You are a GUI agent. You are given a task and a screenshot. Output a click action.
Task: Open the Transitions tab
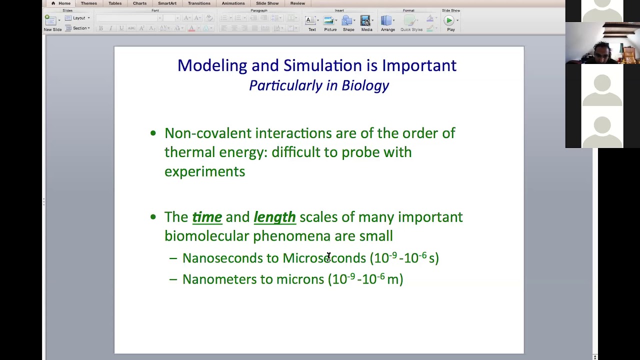tap(199, 3)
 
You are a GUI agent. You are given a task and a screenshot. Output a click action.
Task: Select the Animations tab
tap(233, 3)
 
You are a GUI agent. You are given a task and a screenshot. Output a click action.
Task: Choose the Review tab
tap(297, 3)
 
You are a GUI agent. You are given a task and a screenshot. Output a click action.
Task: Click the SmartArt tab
tap(167, 3)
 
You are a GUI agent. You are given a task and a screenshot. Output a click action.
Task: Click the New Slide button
tap(52, 23)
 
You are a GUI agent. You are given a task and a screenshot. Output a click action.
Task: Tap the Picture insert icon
tap(329, 23)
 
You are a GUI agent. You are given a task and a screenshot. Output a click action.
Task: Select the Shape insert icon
tap(348, 23)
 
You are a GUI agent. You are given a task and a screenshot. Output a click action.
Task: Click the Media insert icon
tap(366, 23)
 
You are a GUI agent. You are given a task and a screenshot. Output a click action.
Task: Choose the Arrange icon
tap(387, 23)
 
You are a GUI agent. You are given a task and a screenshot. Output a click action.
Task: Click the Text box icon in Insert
tap(311, 23)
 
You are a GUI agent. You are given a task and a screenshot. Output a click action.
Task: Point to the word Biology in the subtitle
tap(365, 85)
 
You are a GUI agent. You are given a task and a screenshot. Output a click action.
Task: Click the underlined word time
tap(207, 217)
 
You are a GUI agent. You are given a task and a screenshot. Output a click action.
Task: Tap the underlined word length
tap(274, 217)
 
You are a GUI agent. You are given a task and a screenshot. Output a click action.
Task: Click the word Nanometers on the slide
tap(217, 279)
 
